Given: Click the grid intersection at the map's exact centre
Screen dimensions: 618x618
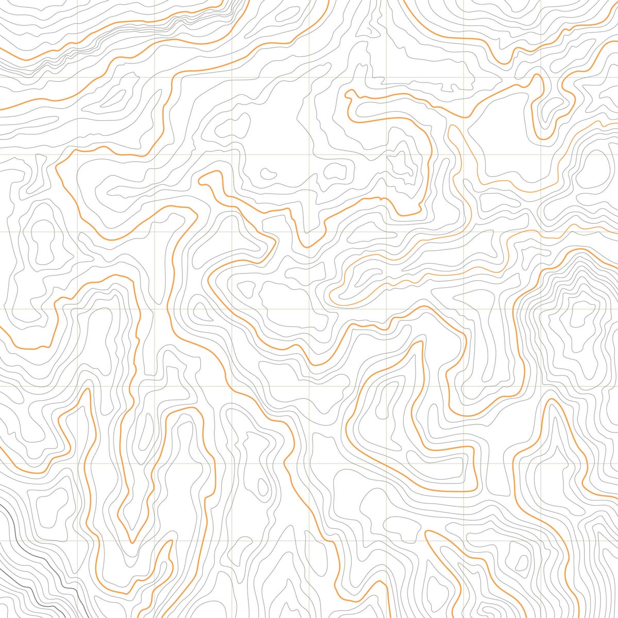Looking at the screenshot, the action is (x=310, y=310).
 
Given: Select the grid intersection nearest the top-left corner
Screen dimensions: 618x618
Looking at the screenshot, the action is (x=77, y=77).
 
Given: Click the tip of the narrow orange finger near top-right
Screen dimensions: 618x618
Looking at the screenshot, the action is (x=538, y=77).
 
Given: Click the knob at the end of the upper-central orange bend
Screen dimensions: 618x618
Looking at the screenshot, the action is (x=351, y=93).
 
